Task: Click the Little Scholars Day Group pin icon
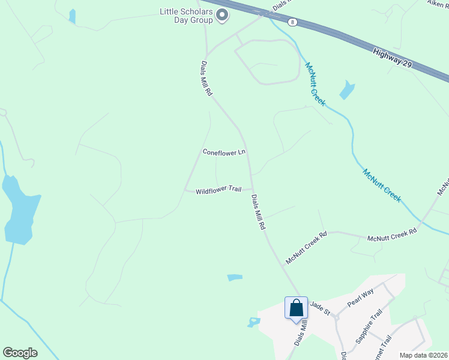pyautogui.click(x=222, y=15)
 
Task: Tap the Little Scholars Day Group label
pyautogui.click(x=186, y=16)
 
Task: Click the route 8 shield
pyautogui.click(x=292, y=22)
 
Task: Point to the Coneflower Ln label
pyautogui.click(x=224, y=152)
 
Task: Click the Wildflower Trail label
pyautogui.click(x=218, y=190)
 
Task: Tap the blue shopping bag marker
pyautogui.click(x=296, y=308)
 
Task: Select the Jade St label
pyautogui.click(x=319, y=308)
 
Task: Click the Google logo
pyautogui.click(x=20, y=353)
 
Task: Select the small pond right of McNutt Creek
pyautogui.click(x=347, y=90)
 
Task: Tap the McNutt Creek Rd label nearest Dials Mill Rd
pyautogui.click(x=306, y=248)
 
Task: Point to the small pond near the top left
pyautogui.click(x=73, y=16)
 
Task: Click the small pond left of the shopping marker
pyautogui.click(x=253, y=322)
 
